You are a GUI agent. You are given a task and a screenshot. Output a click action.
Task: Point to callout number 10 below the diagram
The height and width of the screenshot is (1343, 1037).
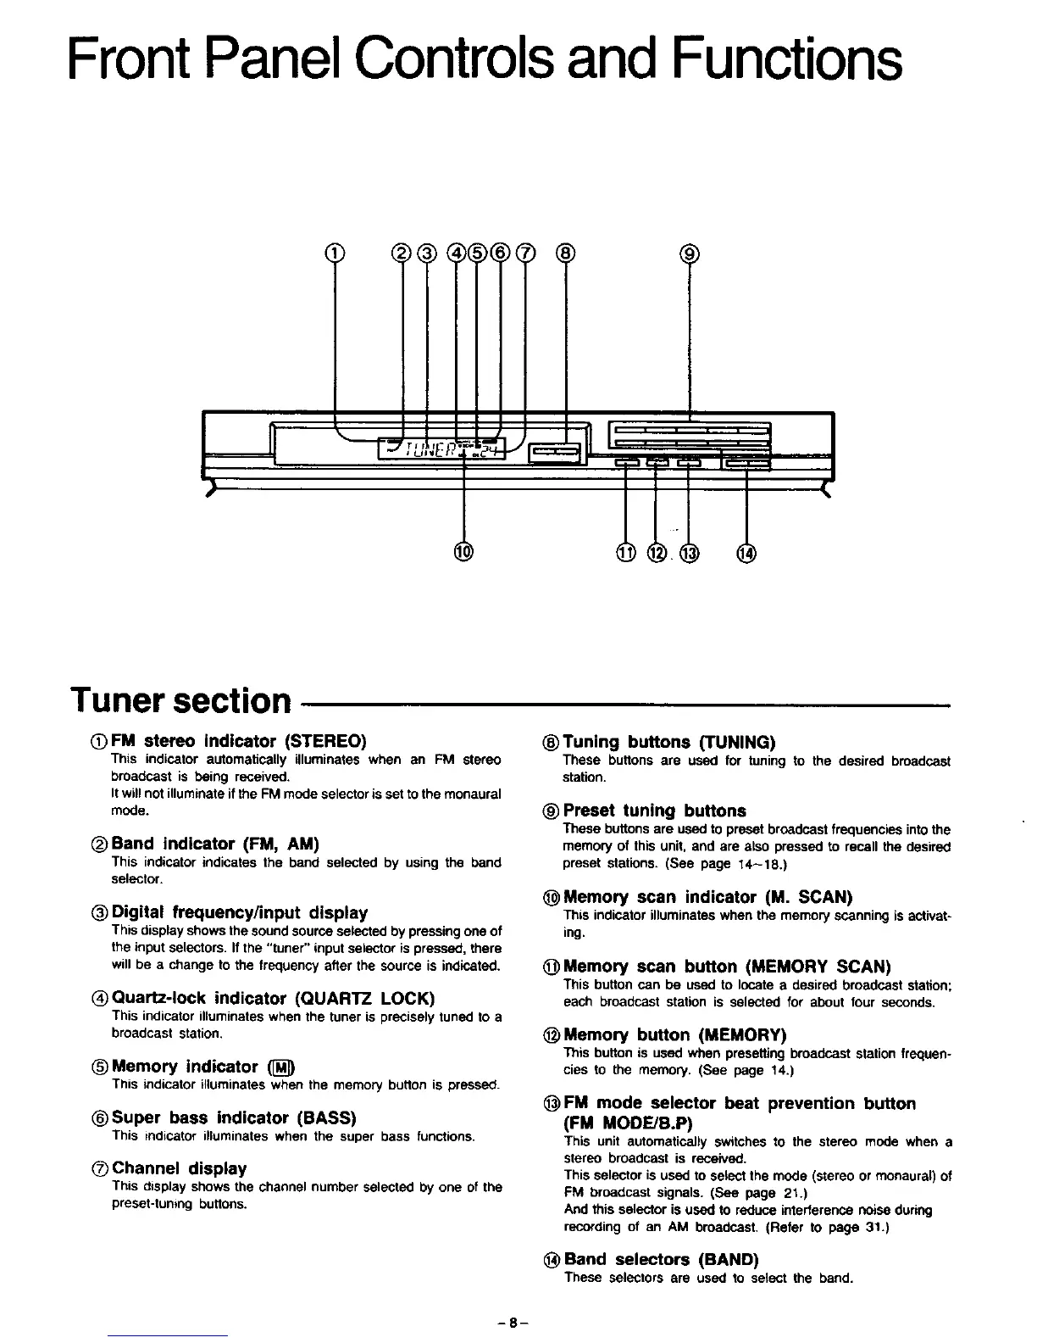463,553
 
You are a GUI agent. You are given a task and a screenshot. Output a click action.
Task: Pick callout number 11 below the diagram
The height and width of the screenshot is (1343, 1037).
625,554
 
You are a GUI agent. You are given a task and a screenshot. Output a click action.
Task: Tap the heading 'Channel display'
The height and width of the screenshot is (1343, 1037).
179,1168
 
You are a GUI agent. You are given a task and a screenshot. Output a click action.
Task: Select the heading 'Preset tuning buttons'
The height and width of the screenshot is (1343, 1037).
654,811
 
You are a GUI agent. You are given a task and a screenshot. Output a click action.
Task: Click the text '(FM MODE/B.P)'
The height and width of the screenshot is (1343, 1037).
628,1123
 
